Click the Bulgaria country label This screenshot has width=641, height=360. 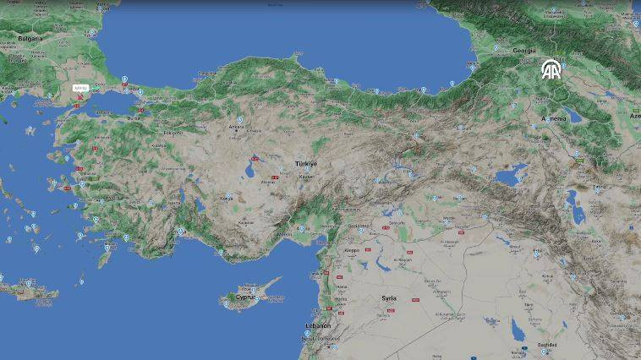[30, 39]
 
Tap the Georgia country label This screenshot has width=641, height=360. [524, 51]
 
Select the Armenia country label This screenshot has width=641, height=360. [554, 119]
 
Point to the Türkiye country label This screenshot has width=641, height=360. [305, 163]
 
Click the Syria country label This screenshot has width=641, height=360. [389, 298]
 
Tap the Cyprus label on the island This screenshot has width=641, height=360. [245, 297]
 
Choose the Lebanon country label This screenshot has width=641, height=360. [318, 325]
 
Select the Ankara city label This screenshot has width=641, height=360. [238, 128]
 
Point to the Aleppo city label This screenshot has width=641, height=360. [352, 251]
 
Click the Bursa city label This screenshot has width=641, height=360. [134, 119]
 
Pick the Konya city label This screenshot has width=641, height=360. [227, 198]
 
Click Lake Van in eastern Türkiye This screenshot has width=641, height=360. [510, 176]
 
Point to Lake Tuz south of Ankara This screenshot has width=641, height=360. [254, 161]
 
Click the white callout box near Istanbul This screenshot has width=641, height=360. [81, 87]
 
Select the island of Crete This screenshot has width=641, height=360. [30, 292]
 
